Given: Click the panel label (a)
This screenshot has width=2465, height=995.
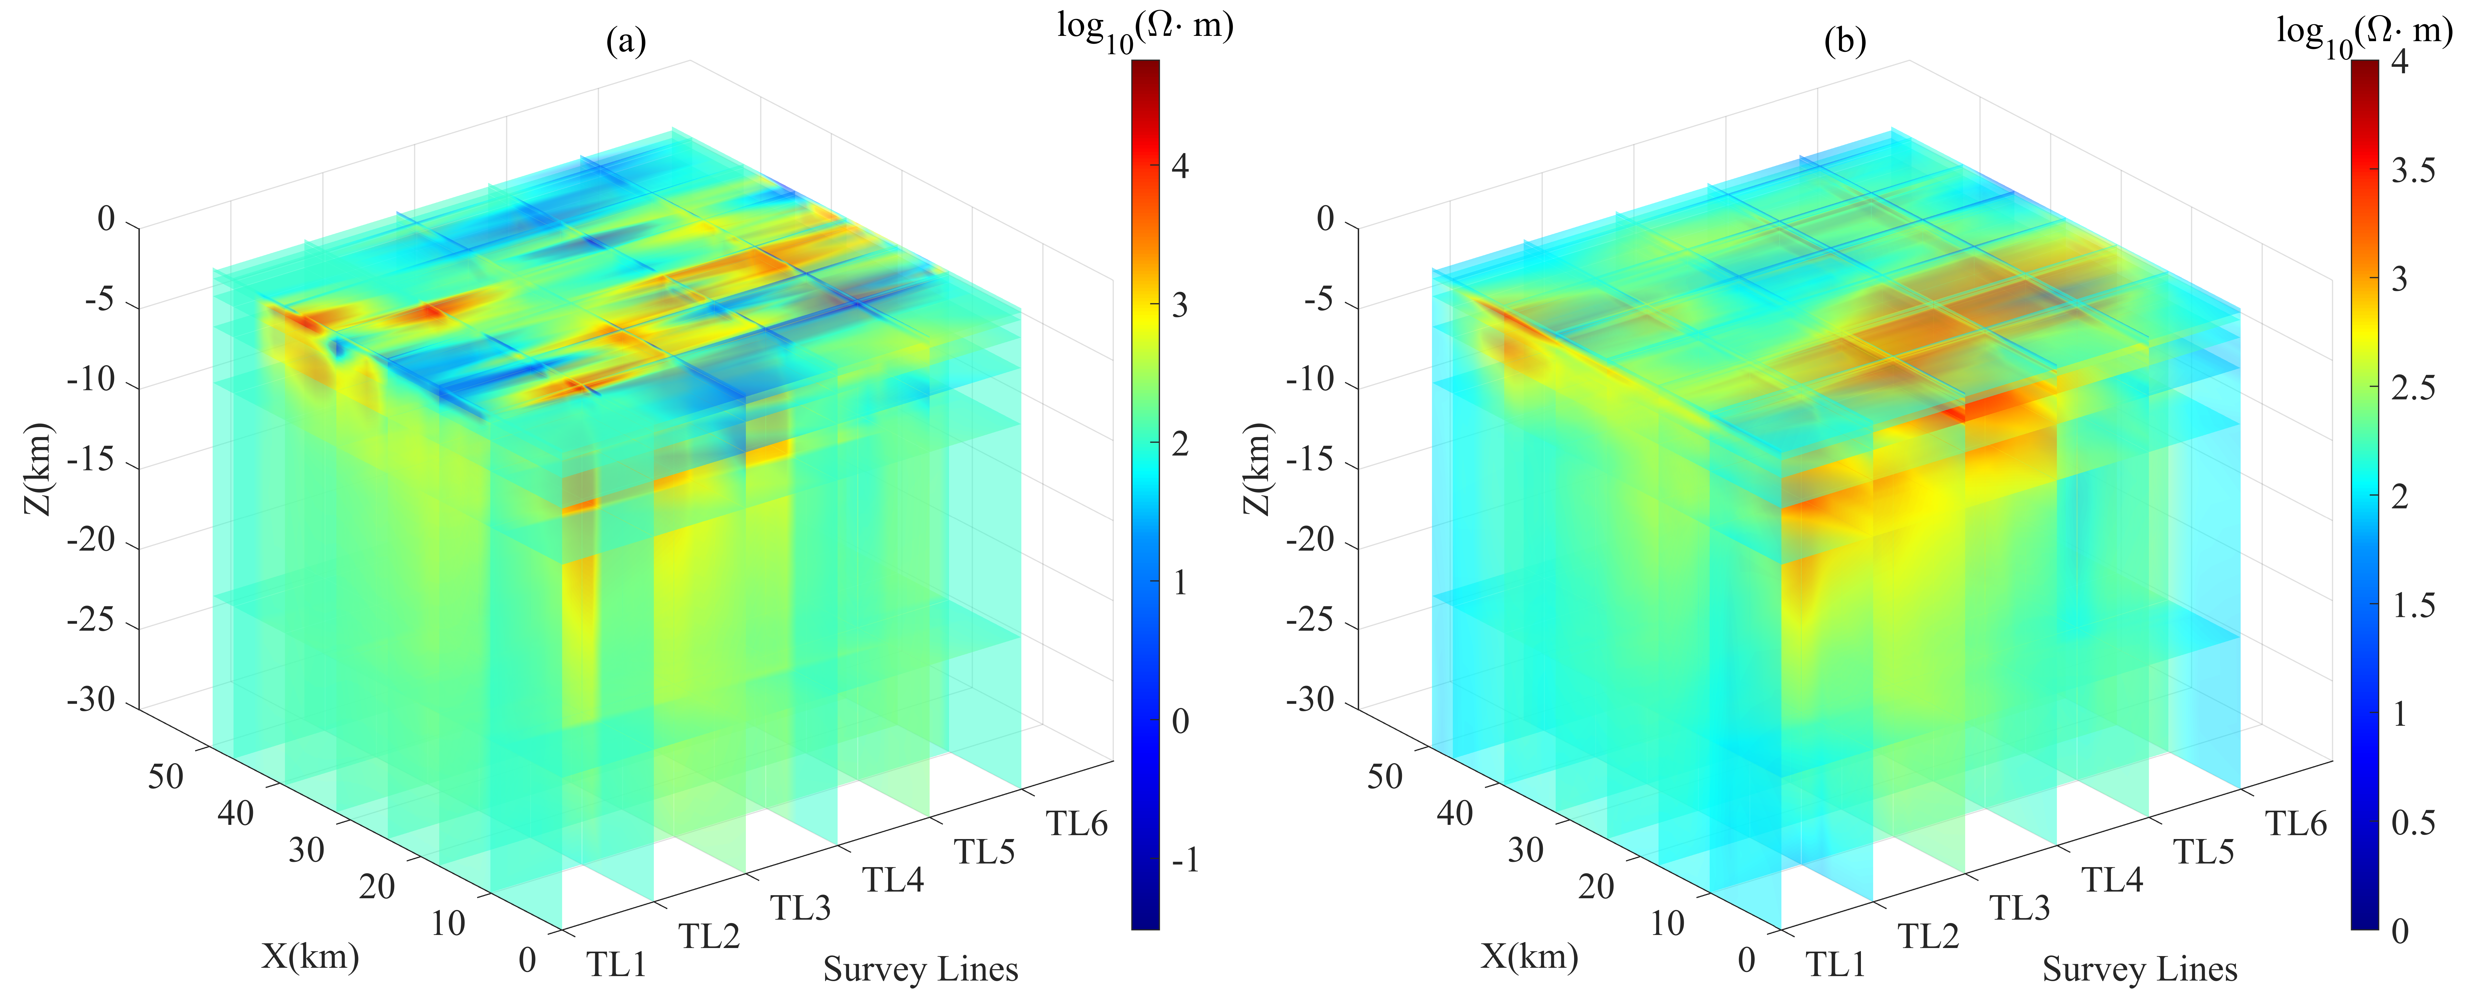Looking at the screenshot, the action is pyautogui.click(x=627, y=41).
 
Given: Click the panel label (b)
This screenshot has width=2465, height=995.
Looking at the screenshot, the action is pyautogui.click(x=1846, y=41).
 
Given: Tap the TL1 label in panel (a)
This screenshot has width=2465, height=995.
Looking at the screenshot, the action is pyautogui.click(x=617, y=963).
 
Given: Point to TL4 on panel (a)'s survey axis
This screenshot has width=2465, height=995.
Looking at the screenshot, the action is pyautogui.click(x=894, y=879).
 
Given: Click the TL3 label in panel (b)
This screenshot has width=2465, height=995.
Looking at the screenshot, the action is pyautogui.click(x=2020, y=907).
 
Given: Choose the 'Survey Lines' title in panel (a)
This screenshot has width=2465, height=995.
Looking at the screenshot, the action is pyautogui.click(x=920, y=969).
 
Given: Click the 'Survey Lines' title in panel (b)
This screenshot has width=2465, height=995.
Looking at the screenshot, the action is pyautogui.click(x=2140, y=969).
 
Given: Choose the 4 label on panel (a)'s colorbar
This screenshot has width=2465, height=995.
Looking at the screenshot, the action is pyautogui.click(x=1180, y=167).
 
